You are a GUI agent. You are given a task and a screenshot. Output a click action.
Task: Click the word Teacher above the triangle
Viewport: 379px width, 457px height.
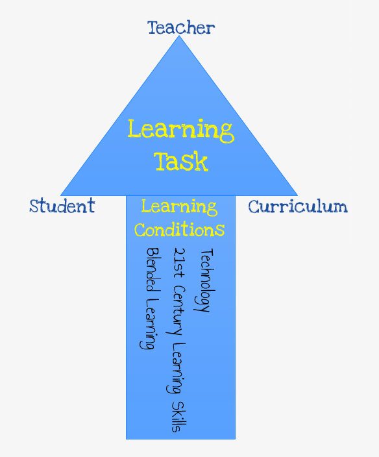coord(181,28)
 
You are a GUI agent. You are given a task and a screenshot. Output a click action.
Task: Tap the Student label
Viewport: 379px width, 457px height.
coord(62,206)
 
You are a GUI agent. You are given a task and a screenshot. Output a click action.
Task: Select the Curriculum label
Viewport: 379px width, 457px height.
coord(298,206)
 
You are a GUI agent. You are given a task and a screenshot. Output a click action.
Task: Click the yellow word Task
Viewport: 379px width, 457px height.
coord(181,161)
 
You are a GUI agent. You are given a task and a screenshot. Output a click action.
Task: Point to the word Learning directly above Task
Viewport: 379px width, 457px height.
coord(181,130)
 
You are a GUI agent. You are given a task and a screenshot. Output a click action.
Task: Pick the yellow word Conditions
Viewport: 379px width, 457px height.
coord(180,230)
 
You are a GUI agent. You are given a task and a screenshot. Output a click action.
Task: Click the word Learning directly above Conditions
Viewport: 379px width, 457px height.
coord(180,207)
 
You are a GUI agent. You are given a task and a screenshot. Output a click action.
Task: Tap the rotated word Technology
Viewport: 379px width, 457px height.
coord(204,280)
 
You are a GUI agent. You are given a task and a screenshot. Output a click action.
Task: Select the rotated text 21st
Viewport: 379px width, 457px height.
coord(178,263)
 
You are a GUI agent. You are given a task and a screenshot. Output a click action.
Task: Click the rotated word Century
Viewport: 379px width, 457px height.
coord(176,311)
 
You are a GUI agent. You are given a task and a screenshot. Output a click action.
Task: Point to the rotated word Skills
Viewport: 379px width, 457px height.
coord(178,417)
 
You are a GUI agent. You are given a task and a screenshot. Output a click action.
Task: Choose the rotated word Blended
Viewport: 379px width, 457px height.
coord(153,269)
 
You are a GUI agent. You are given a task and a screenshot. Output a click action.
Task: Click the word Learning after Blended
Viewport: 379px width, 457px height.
coord(150,324)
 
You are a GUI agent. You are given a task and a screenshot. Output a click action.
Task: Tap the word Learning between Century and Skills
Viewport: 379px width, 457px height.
coord(176,369)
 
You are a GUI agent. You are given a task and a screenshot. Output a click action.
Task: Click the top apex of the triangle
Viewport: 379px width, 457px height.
coord(179,36)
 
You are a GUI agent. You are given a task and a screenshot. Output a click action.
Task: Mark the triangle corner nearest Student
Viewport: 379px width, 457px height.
coord(60,195)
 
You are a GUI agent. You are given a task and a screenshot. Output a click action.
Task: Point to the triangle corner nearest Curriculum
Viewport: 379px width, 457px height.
coord(297,195)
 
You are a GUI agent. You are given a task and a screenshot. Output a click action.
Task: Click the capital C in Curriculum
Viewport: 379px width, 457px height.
coord(254,206)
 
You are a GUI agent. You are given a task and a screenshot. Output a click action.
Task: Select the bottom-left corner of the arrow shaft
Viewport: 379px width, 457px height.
coord(126,439)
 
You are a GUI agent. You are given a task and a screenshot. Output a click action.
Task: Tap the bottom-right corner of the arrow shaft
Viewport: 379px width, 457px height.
coord(236,439)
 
